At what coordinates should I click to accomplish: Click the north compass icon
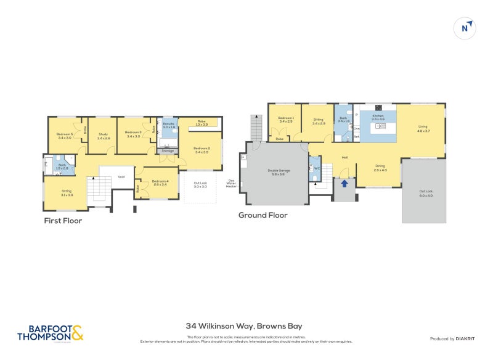(x=467, y=28)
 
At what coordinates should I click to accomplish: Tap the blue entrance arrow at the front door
(x=344, y=182)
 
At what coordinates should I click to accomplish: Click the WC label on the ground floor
(x=317, y=167)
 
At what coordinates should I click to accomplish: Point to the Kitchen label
(x=377, y=115)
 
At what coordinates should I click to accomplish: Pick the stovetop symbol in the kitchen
(x=377, y=108)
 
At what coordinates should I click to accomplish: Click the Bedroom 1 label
(x=285, y=118)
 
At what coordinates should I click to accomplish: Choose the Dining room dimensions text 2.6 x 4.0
(x=380, y=170)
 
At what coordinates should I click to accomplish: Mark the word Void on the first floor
(x=121, y=177)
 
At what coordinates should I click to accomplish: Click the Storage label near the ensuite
(x=168, y=150)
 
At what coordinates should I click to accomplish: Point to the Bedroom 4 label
(x=160, y=181)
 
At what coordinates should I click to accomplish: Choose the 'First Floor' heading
(x=63, y=220)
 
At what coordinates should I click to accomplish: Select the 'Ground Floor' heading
(x=263, y=215)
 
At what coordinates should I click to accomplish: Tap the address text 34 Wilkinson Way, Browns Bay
(x=244, y=326)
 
